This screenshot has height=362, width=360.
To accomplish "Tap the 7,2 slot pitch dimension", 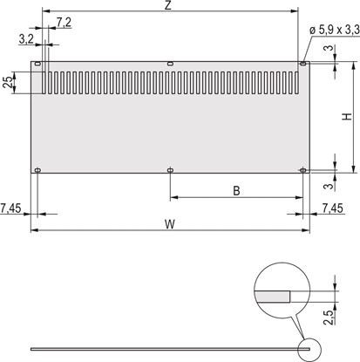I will coord(64,20).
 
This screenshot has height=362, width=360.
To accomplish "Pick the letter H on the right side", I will coord(347,117).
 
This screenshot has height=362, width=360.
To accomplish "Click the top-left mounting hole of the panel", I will coord(37,64).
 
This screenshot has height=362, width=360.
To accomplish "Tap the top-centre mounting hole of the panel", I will coord(170,64).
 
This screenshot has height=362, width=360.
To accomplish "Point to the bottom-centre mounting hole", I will coord(170,170).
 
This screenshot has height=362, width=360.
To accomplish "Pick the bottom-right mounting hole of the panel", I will coord(302,170).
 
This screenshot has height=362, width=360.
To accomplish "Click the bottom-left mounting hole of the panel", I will coord(37,170).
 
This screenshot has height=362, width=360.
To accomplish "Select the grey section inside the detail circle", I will coord(273,297).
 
